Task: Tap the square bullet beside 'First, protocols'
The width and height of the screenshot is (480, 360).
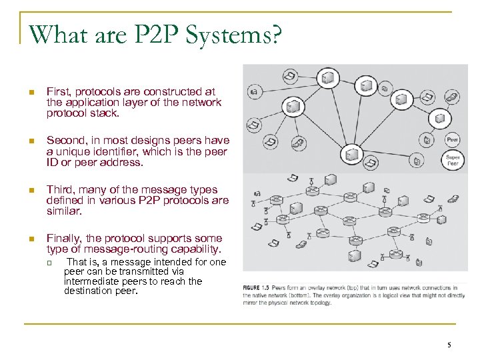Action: click(31, 91)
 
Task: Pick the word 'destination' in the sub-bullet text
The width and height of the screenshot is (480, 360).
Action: click(89, 291)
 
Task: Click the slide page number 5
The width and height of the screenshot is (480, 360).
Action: click(449, 345)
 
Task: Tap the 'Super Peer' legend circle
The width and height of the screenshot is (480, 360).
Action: click(452, 160)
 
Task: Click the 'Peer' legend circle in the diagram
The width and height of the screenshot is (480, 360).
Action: click(452, 140)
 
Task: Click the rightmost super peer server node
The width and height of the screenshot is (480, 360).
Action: click(439, 118)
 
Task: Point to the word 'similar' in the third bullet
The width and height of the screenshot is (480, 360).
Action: click(63, 211)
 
